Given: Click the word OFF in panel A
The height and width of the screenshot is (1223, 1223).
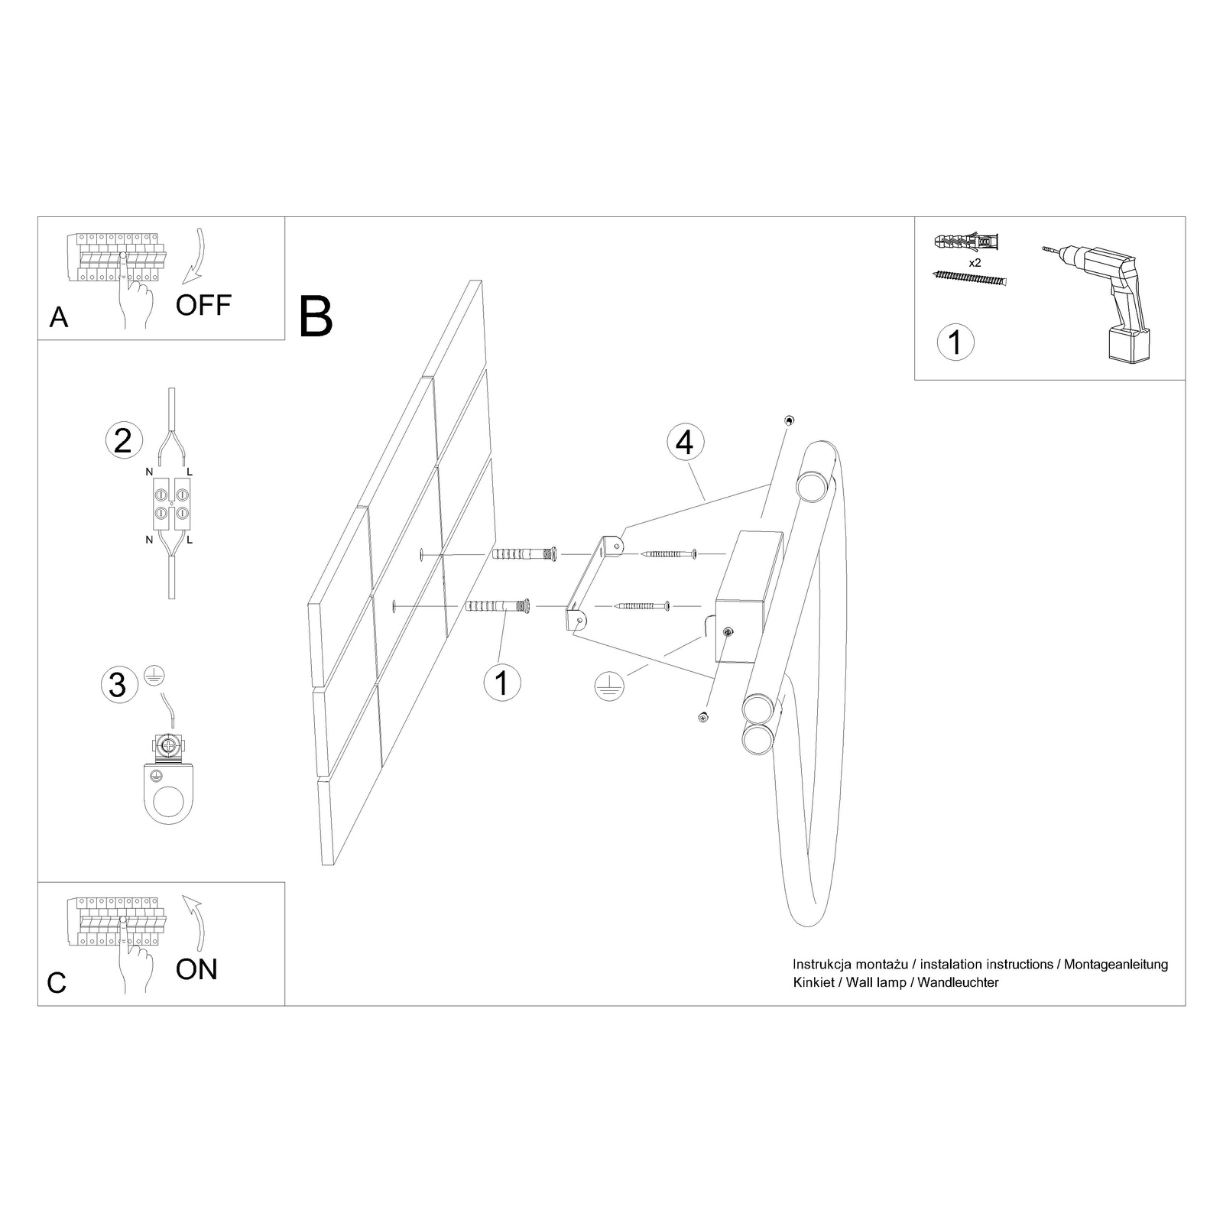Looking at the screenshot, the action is point(203,305).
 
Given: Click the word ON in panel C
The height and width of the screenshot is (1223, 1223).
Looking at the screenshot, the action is point(196,969).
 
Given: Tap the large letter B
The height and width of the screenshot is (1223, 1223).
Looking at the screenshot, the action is point(316,317).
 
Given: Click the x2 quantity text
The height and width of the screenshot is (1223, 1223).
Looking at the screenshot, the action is point(975,262).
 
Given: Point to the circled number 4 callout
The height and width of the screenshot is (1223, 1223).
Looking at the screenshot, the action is point(685,442).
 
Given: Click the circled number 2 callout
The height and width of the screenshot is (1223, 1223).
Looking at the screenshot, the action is point(123,441).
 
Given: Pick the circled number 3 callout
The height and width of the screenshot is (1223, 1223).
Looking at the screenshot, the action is point(118,684).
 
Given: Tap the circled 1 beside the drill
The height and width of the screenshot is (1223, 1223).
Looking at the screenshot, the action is point(955,342).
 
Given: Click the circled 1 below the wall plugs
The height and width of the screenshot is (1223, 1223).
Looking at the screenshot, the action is point(502,682).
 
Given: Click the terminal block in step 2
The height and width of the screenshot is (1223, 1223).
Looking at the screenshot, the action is point(172,504).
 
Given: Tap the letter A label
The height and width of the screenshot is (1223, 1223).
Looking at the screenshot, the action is point(59,317).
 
